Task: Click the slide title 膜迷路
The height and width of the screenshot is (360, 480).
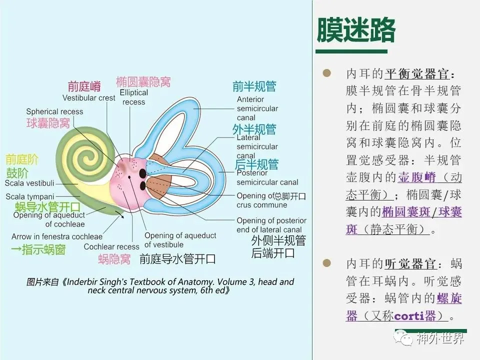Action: pos(356,29)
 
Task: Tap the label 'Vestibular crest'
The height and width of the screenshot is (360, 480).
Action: pos(89,98)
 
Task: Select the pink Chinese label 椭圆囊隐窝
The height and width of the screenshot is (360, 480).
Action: pos(143,82)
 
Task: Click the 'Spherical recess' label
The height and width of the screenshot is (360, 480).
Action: pos(54,111)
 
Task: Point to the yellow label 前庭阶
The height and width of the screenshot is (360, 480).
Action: pos(22,159)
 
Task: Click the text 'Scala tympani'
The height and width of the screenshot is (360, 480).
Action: pos(29,196)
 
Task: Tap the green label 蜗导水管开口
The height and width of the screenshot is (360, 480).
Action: pos(47,207)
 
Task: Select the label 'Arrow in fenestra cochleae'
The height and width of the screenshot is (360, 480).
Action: pos(57,236)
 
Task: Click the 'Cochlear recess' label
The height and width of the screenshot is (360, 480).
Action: pos(111,246)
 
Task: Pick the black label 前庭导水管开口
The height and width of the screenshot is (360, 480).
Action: pos(177,259)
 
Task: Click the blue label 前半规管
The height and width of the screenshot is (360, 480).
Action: pos(254,86)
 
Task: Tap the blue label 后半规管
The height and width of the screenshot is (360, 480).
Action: pos(256,164)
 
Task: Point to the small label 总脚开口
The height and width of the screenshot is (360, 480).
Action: pos(289,196)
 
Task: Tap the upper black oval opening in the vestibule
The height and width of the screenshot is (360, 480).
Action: pos(142,173)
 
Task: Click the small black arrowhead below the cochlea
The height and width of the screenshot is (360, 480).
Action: pos(122,216)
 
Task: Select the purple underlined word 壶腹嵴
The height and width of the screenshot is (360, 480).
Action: pos(417,177)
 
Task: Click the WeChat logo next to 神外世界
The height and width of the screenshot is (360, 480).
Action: pos(404,338)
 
